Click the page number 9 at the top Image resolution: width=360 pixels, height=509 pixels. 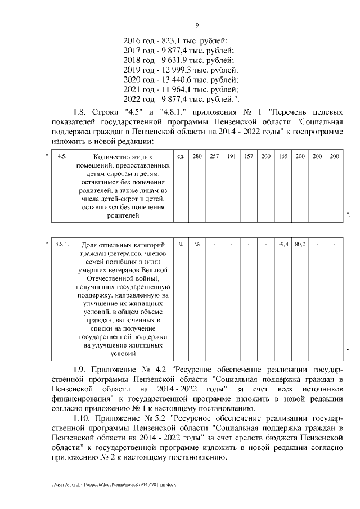[x=197, y=24]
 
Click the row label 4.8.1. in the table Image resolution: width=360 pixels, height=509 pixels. [x=62, y=244]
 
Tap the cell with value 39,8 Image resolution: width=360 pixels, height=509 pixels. [x=283, y=244]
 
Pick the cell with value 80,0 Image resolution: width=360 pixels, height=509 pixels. [x=300, y=244]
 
